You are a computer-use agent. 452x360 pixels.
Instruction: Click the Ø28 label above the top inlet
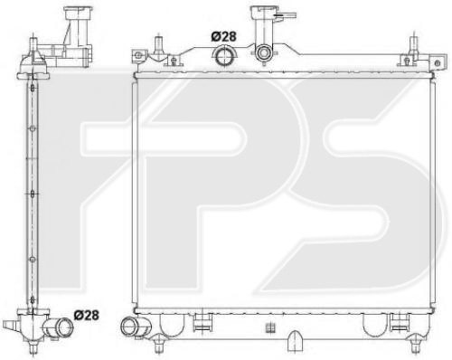[223, 37]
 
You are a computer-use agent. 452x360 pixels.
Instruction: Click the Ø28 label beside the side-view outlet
[86, 315]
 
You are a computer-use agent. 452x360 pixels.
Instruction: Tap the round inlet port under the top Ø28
[224, 55]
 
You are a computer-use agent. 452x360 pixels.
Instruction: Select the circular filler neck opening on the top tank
[264, 53]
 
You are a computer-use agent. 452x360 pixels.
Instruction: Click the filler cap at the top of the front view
[261, 12]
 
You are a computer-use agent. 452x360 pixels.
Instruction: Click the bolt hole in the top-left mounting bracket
[137, 55]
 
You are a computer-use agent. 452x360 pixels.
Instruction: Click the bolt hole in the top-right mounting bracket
[438, 63]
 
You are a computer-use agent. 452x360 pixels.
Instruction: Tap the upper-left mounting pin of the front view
[158, 46]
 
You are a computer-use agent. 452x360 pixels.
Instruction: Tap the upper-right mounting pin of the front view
[414, 46]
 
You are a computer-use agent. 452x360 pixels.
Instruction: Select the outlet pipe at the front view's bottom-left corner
[134, 327]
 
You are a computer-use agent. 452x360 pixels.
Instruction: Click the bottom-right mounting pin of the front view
[417, 344]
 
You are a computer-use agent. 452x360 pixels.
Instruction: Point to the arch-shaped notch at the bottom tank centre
[295, 341]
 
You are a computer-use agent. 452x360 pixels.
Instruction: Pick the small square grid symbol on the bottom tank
[270, 328]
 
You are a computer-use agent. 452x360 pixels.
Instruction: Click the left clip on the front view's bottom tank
[202, 322]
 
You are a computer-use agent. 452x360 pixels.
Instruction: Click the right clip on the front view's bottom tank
[400, 322]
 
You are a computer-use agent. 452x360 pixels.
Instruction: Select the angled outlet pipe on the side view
[59, 327]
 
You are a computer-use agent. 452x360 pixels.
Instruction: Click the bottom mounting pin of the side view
[33, 346]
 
